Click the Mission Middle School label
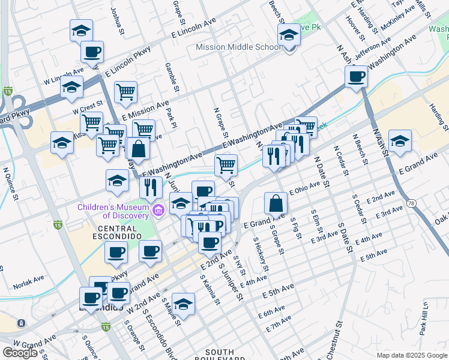[238, 47]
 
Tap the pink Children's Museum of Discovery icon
[158, 209]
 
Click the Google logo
[20, 352]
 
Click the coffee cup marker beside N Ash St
[357, 77]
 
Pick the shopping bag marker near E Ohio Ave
[275, 203]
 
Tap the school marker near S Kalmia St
[183, 304]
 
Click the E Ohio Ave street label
[305, 188]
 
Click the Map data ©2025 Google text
[411, 355]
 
